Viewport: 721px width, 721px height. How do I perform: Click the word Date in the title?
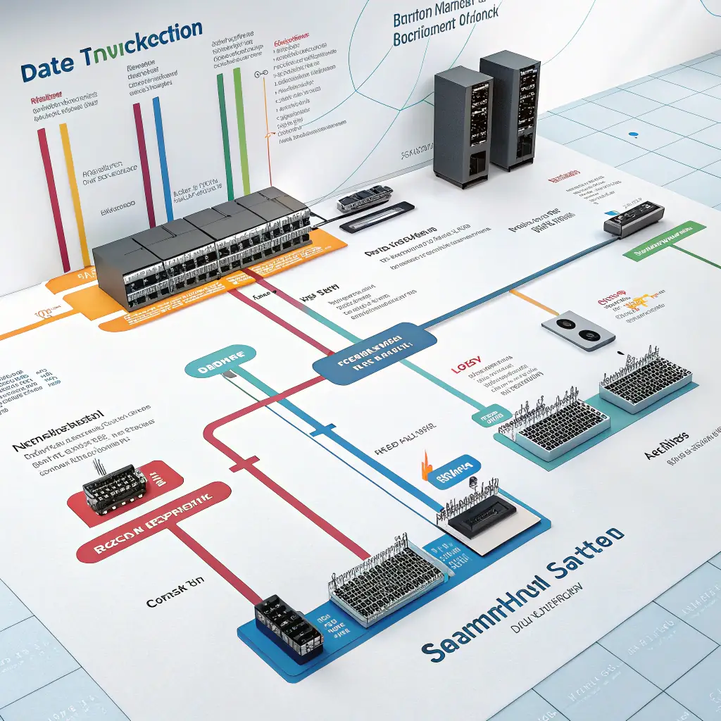point(49,71)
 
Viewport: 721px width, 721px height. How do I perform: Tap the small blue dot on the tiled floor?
point(632,133)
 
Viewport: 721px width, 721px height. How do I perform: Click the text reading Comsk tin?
point(171,584)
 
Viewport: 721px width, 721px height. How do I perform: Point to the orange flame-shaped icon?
point(425,467)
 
